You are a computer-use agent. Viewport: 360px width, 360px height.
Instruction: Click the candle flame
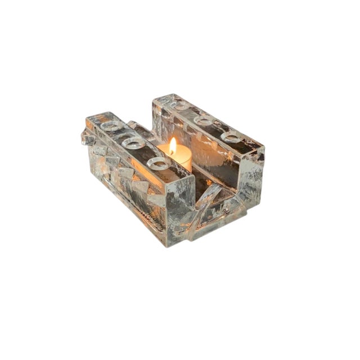[172, 146]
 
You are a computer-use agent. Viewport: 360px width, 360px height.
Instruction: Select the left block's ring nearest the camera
[159, 164]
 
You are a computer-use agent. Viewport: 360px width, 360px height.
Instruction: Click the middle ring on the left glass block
[134, 143]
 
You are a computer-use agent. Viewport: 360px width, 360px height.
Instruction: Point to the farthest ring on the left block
[111, 126]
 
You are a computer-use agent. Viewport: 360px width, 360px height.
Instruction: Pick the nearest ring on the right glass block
[232, 137]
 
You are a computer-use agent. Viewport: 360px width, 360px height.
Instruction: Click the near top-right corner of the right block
[262, 150]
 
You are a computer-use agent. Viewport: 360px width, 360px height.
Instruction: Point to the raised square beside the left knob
[101, 150]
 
